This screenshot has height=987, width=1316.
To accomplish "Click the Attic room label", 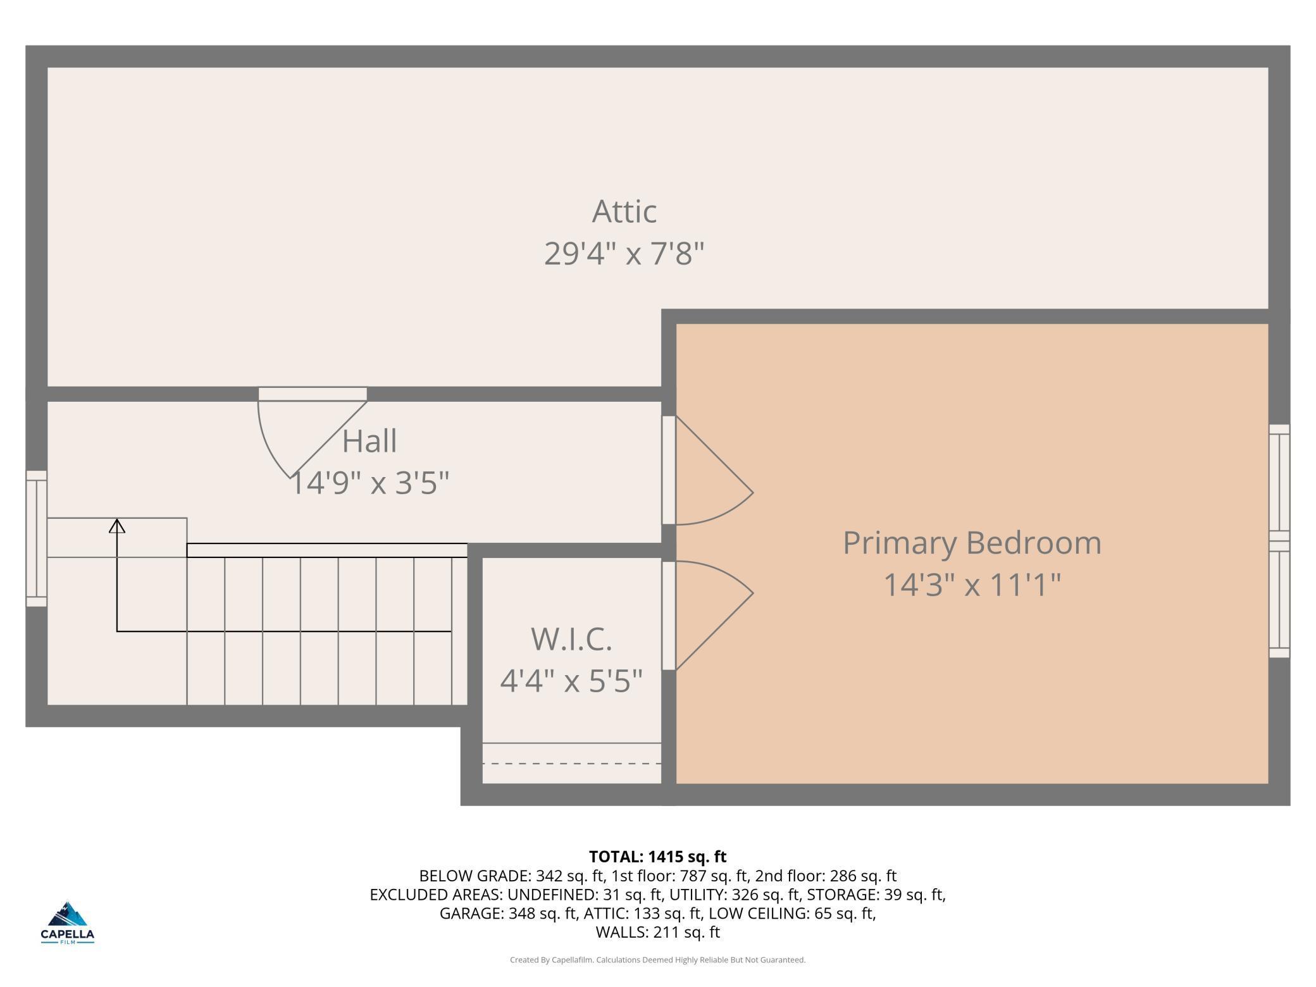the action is [624, 211].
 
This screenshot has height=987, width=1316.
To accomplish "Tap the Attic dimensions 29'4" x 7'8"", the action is [624, 254].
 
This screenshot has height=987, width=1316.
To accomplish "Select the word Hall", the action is [369, 441].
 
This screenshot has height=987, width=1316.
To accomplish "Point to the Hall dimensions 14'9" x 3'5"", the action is [369, 483].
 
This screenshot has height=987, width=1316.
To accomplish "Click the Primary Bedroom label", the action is [972, 543].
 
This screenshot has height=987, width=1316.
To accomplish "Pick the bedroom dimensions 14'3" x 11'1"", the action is [972, 585].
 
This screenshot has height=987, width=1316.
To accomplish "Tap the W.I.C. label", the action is [571, 639].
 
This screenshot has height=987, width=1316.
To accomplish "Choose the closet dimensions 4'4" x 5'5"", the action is [571, 681].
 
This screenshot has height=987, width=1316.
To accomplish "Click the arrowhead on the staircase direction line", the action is [117, 526].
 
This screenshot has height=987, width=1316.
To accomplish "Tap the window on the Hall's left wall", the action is [36, 538].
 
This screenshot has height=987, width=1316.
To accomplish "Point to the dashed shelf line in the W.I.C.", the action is [571, 764].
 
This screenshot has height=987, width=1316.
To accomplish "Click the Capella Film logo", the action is [68, 922].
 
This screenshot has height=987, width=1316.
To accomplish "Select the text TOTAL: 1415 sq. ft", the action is [658, 857].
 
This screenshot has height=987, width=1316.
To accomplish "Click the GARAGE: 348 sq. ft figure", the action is [508, 914].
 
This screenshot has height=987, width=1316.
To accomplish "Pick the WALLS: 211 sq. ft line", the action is [658, 932].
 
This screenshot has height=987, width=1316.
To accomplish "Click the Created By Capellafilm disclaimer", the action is [658, 960].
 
